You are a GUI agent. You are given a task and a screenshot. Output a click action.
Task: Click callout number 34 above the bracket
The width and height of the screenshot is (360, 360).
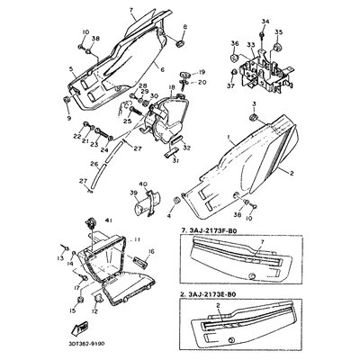(264, 19)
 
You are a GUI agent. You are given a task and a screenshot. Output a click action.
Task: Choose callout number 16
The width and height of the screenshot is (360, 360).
(151, 253)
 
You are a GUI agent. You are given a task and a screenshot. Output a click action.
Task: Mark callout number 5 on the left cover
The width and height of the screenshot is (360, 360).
(71, 68)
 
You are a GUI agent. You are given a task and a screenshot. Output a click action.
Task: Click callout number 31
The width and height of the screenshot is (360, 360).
(175, 161)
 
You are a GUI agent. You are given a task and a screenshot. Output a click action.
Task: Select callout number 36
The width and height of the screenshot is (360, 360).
(233, 43)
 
